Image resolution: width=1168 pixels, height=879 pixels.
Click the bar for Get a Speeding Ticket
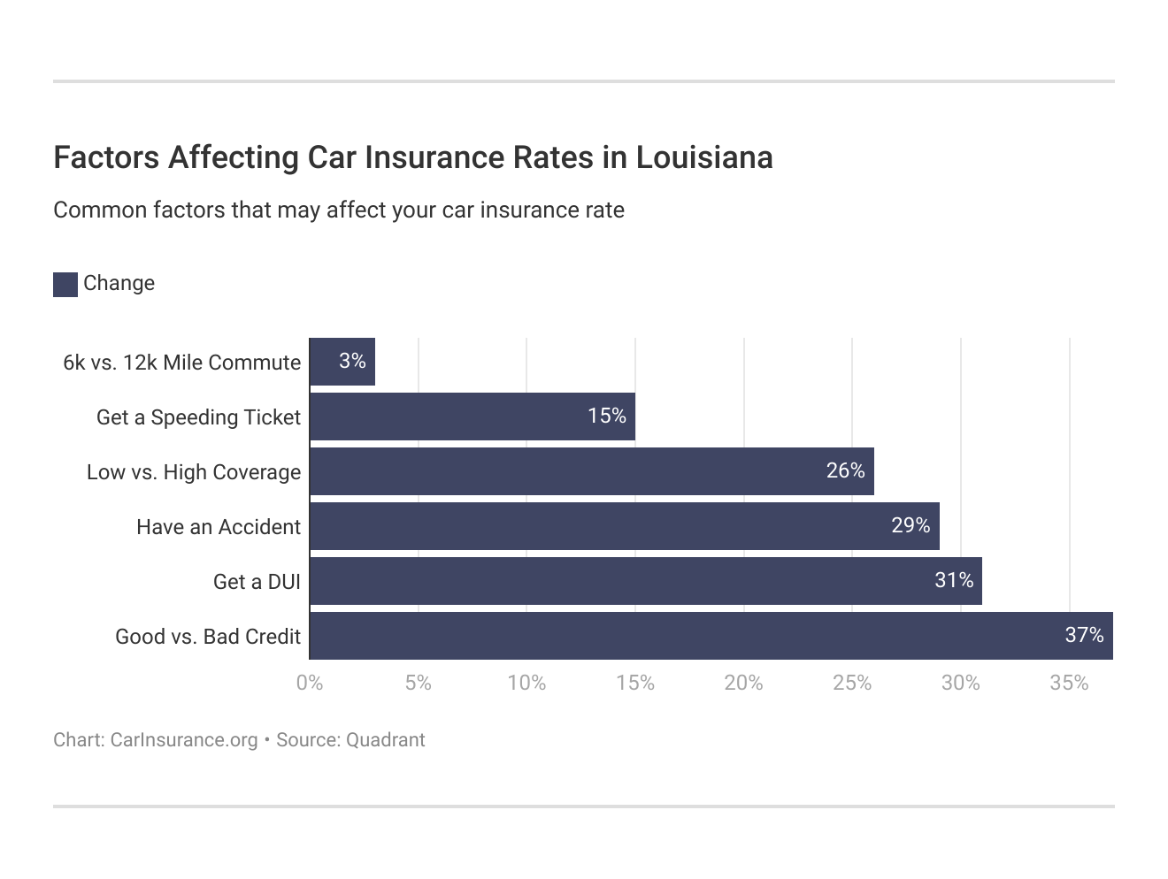click(x=472, y=417)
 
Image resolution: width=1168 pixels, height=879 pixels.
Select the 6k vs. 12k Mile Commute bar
click(x=342, y=362)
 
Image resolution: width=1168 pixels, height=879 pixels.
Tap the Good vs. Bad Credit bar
click(x=711, y=636)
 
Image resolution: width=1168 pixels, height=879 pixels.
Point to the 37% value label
click(x=1084, y=635)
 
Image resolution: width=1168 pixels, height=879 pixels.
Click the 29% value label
click(x=911, y=526)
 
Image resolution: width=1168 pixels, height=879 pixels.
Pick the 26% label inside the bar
click(x=845, y=471)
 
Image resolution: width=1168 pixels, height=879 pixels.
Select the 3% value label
click(x=352, y=361)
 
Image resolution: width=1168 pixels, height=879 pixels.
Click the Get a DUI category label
click(x=257, y=582)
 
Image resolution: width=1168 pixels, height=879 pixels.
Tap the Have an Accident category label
click(x=219, y=527)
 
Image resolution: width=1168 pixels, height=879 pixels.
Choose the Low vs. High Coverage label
click(x=194, y=472)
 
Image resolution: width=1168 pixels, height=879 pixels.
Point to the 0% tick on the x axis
click(x=310, y=684)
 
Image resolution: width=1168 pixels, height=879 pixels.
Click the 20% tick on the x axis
click(x=743, y=684)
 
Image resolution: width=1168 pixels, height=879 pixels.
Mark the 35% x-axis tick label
click(x=1069, y=684)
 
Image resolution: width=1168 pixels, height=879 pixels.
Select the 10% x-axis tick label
click(x=526, y=684)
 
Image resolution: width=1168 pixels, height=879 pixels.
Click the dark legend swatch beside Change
click(x=65, y=285)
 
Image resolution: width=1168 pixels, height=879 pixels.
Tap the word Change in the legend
click(x=119, y=284)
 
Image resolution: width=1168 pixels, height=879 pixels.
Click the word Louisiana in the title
click(x=704, y=157)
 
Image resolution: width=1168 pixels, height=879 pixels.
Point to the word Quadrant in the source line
click(x=386, y=740)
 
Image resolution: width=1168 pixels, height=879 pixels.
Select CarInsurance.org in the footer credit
click(x=184, y=740)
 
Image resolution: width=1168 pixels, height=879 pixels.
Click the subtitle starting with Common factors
click(x=339, y=210)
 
